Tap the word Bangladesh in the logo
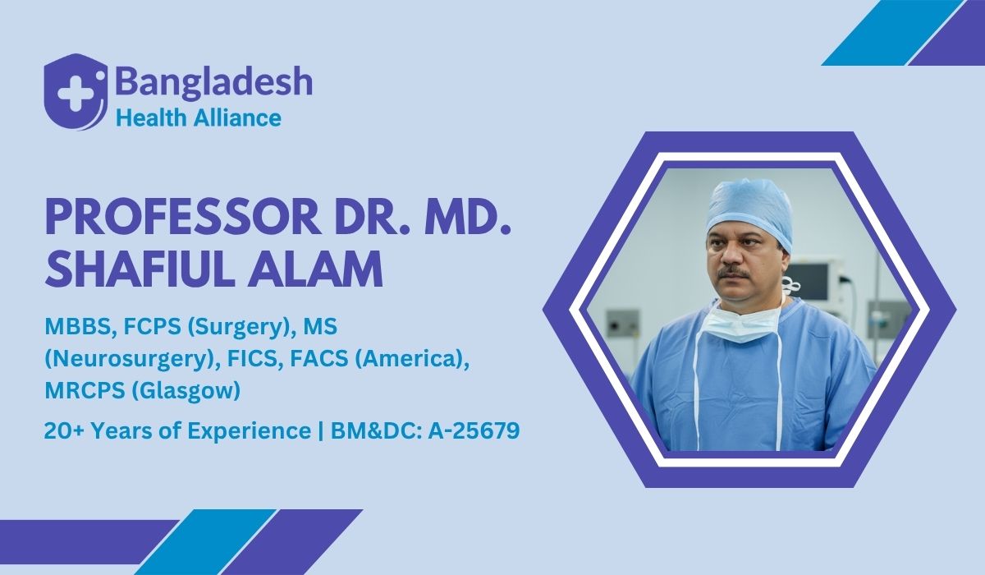point(213,82)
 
